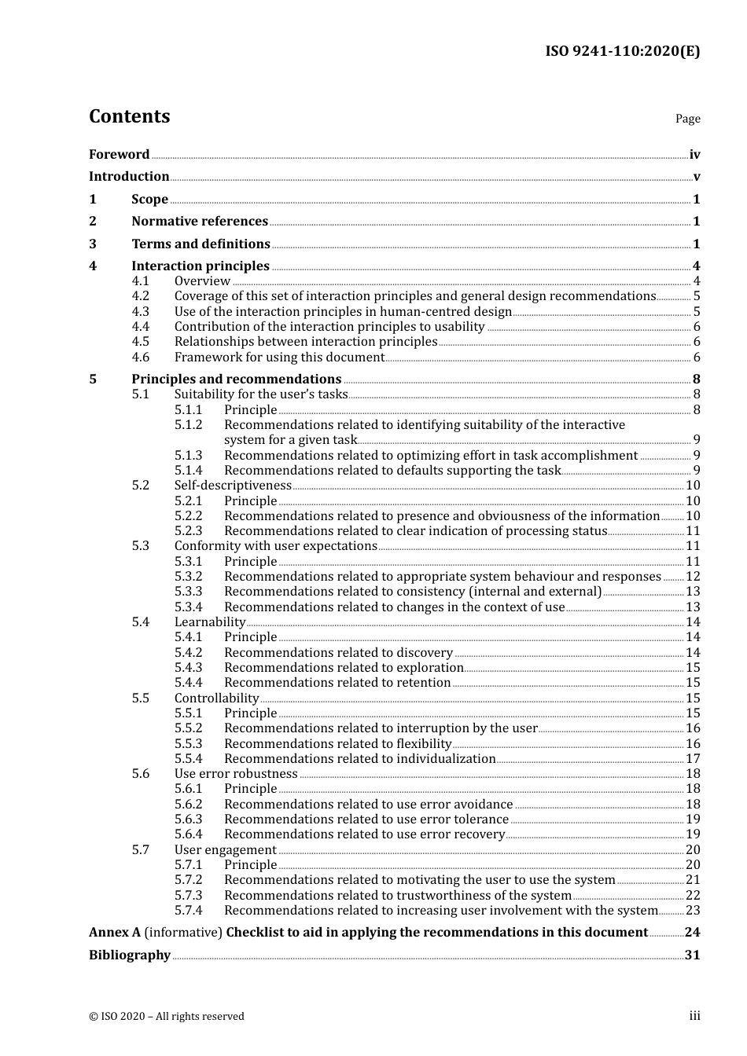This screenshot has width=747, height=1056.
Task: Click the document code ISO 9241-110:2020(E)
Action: tap(622, 51)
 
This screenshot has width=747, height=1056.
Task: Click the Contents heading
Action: tap(129, 116)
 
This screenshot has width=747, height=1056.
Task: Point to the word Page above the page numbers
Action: tap(687, 119)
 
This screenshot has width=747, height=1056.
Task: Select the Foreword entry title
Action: tap(119, 154)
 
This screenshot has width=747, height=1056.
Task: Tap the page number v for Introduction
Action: tap(696, 177)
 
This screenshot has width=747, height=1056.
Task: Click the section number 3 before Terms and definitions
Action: tap(93, 244)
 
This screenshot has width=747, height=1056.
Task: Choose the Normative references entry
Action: tap(200, 222)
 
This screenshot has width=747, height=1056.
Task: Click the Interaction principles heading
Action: tap(201, 266)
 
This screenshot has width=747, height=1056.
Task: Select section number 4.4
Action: tap(141, 327)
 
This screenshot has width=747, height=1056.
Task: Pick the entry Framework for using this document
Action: tap(279, 357)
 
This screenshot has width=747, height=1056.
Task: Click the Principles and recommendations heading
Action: tap(236, 379)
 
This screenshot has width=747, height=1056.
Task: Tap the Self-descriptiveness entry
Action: tap(233, 486)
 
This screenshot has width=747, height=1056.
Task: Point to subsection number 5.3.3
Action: tap(188, 592)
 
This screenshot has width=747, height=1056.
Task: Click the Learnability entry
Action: tap(210, 622)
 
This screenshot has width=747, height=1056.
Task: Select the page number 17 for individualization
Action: tap(693, 759)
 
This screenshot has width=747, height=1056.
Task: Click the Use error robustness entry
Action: tap(236, 774)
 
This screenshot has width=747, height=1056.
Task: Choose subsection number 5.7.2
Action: tap(188, 880)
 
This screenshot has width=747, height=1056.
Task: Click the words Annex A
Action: tap(115, 933)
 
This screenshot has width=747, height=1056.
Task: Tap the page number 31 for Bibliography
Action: tap(692, 955)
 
